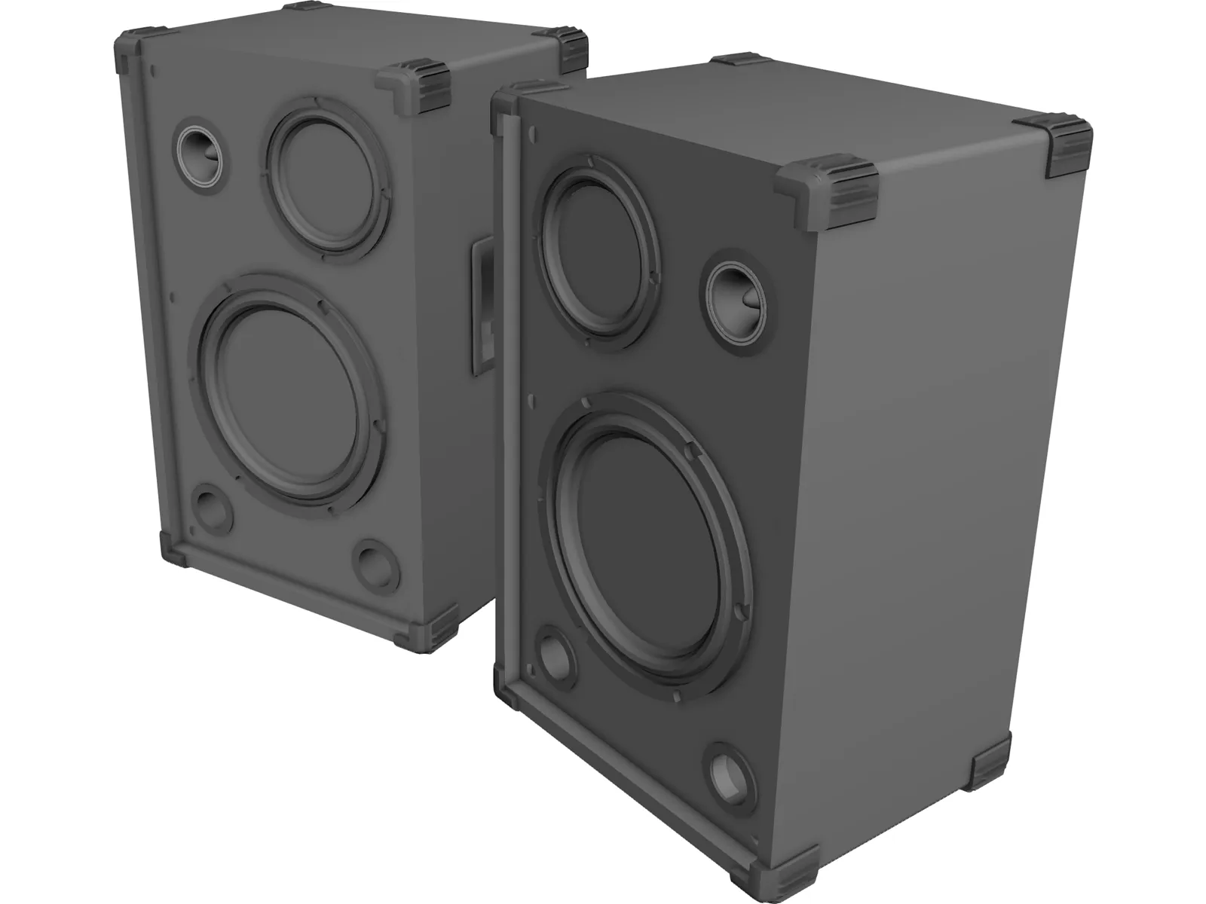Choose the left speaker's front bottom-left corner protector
pos(174,548)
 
